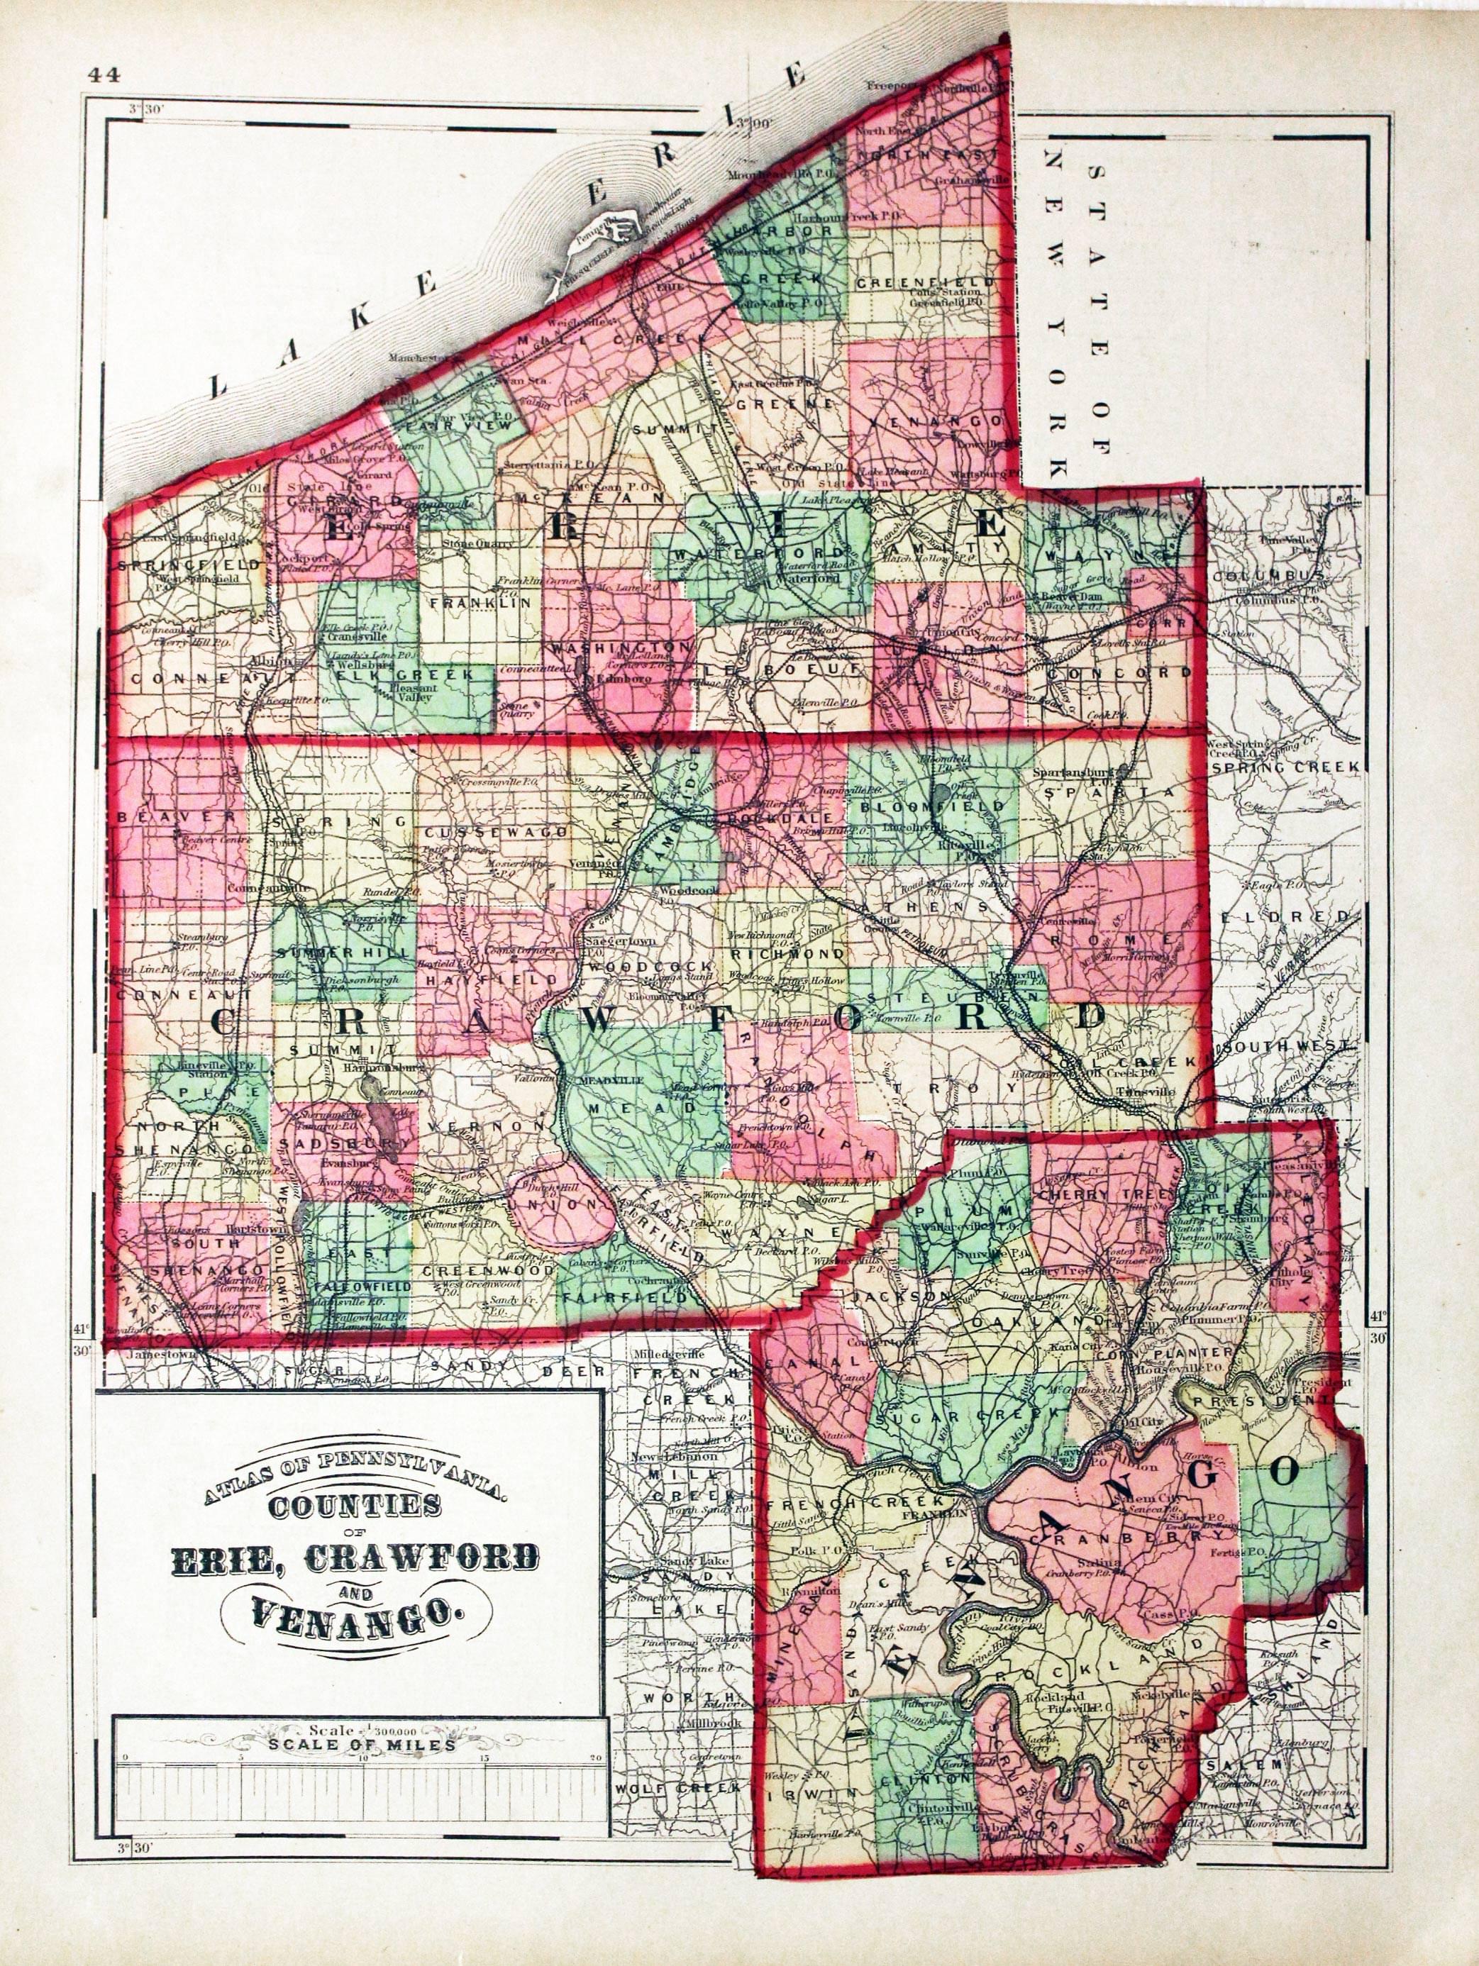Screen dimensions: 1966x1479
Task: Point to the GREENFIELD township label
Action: click(924, 284)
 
